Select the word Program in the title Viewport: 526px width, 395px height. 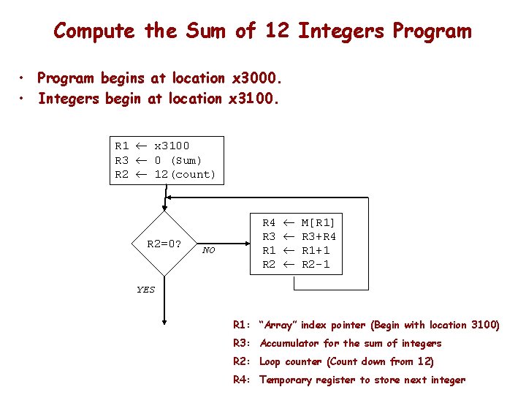pyautogui.click(x=432, y=31)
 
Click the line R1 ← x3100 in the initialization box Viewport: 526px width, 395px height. pyautogui.click(x=152, y=146)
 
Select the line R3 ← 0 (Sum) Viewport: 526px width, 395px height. pyautogui.click(x=158, y=160)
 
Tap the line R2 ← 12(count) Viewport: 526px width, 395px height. pyautogui.click(x=165, y=175)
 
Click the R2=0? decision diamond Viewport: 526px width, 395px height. pyautogui.click(x=164, y=244)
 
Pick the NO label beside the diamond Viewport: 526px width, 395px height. pyautogui.click(x=209, y=251)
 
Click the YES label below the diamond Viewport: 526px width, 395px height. pyautogui.click(x=146, y=290)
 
